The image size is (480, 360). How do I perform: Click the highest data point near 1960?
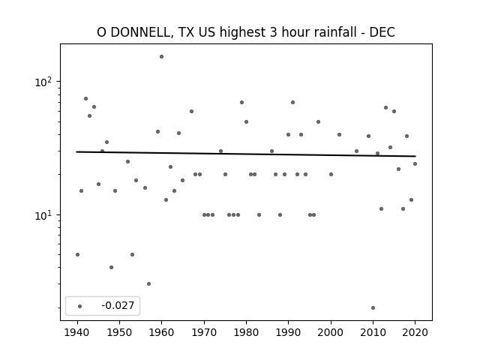[162, 57]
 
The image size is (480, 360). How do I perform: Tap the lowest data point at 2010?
[373, 308]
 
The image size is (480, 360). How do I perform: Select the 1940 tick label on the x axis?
[77, 332]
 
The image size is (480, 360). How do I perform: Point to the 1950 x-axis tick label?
[120, 332]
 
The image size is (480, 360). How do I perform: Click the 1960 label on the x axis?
[162, 332]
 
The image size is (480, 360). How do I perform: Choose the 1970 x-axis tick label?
[204, 332]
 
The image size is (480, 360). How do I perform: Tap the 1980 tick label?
[246, 332]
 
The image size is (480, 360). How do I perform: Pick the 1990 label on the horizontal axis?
[288, 332]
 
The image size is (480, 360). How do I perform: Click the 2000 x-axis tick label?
[331, 332]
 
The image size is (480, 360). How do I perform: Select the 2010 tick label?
[373, 332]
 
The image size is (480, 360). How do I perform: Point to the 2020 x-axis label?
[415, 332]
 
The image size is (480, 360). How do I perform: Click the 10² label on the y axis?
[43, 82]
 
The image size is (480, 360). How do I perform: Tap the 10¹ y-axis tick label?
[43, 215]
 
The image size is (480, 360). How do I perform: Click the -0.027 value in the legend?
[118, 305]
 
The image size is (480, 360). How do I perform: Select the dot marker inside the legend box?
[80, 306]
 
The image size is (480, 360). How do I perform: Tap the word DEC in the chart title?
[382, 32]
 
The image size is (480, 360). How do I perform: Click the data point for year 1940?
[77, 255]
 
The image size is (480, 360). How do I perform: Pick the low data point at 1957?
[148, 284]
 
